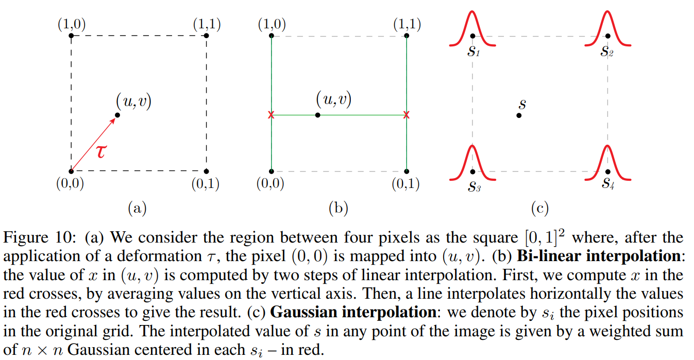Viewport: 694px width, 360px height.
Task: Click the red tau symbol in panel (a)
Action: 102,151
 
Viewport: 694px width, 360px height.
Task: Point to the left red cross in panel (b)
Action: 271,115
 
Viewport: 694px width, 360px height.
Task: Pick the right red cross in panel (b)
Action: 407,115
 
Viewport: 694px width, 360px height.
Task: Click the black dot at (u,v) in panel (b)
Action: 317,115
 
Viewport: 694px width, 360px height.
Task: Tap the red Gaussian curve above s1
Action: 472,28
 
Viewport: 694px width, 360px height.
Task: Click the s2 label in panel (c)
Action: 607,52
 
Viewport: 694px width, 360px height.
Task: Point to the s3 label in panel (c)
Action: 474,187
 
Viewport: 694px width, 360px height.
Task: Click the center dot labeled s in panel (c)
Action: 519,115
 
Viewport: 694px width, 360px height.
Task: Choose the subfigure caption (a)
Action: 137,208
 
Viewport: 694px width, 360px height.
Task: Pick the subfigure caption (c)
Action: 539,208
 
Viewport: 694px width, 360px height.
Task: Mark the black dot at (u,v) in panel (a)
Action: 117,115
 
